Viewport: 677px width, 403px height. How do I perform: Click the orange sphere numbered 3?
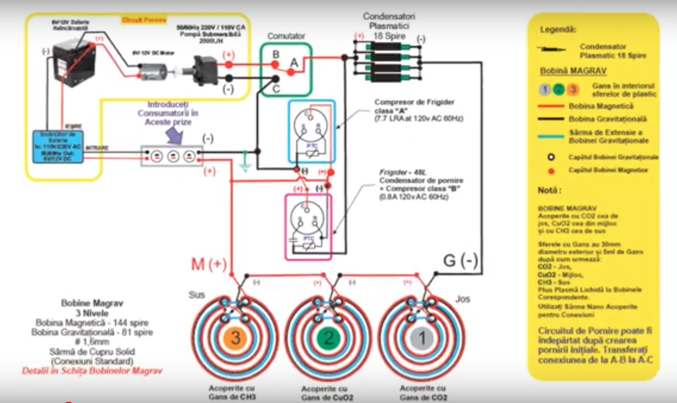pyautogui.click(x=236, y=338)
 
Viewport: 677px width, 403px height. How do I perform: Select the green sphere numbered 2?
pyautogui.click(x=329, y=338)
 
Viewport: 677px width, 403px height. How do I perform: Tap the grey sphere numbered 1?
pyautogui.click(x=422, y=338)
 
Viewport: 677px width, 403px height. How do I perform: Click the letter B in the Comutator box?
pyautogui.click(x=276, y=55)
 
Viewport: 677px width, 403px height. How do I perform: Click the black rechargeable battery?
pyautogui.click(x=72, y=61)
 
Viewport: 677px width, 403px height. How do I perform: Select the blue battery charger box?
pyautogui.click(x=57, y=146)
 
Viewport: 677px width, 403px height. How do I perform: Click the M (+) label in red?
pyautogui.click(x=209, y=264)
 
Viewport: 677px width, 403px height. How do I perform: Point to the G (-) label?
pyautogui.click(x=461, y=261)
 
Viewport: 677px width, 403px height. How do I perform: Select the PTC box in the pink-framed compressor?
pyautogui.click(x=309, y=238)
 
